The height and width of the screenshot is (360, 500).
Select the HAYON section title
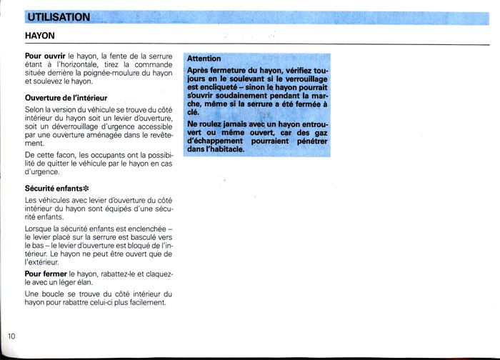(39, 34)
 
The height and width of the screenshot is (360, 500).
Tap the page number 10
(11, 336)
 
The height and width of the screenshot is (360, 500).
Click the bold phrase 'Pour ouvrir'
(45, 55)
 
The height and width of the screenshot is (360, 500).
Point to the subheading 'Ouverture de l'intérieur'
(66, 96)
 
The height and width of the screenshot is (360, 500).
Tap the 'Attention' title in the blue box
(204, 58)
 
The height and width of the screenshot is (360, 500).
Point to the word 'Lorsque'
(39, 228)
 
